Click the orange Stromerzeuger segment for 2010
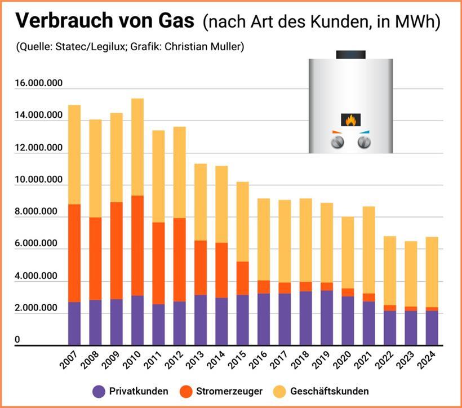coord(137,245)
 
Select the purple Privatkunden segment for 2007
coord(74,323)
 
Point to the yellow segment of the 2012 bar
coord(180,172)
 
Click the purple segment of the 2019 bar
coord(327,317)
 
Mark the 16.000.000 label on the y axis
coord(39,84)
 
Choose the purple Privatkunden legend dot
coord(99,391)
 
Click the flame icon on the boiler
coord(350,120)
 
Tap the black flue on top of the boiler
coord(350,54)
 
